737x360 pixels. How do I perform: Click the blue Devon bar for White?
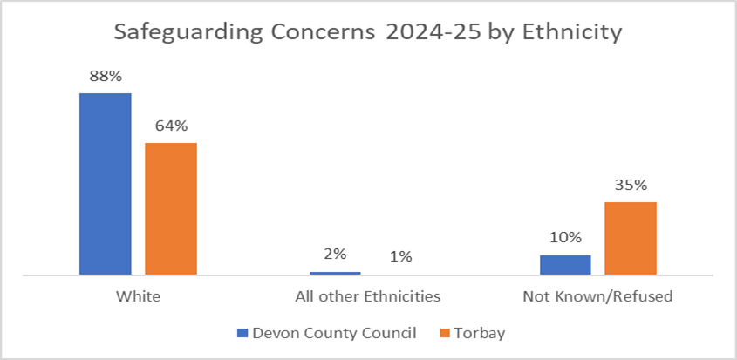(x=105, y=184)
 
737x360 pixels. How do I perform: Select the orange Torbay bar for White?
(x=171, y=209)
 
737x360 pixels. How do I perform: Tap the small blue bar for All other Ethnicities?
(x=335, y=273)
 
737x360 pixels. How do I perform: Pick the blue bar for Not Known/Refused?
(x=565, y=265)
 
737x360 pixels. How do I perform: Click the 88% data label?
(x=105, y=76)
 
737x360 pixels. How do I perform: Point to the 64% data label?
(x=171, y=126)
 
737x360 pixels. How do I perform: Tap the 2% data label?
(x=335, y=255)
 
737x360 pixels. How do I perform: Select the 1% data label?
(x=400, y=257)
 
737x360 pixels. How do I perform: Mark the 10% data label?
(x=565, y=237)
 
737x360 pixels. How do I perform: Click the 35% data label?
(x=631, y=185)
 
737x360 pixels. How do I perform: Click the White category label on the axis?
(x=138, y=296)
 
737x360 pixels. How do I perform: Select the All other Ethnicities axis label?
(x=367, y=296)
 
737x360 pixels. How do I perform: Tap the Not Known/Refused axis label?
(x=597, y=296)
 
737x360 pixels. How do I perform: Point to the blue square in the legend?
(x=243, y=333)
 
